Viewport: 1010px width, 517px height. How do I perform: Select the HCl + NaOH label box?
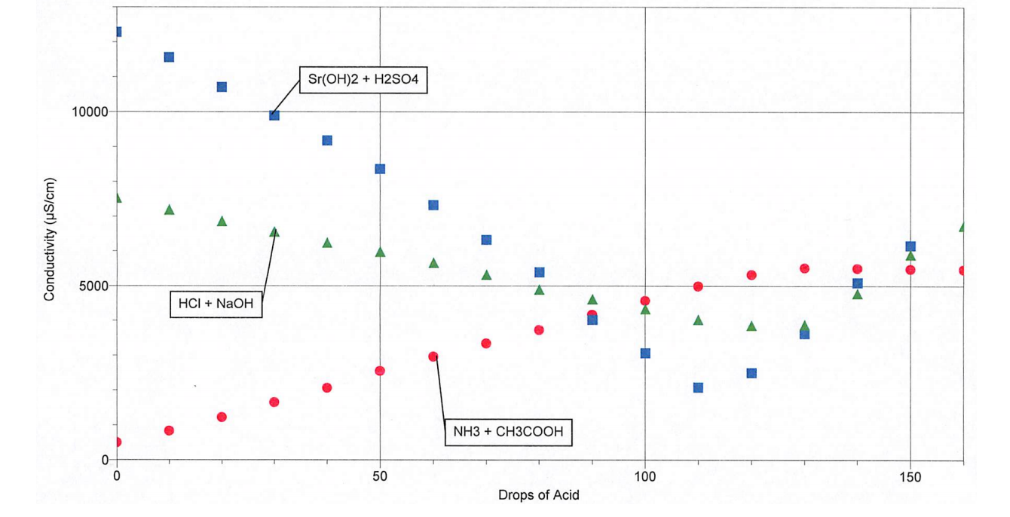(x=216, y=304)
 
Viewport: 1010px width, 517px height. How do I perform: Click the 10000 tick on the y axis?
(x=90, y=112)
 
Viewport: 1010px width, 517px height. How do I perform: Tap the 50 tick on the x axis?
(x=380, y=476)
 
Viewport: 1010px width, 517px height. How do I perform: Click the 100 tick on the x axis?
(x=645, y=476)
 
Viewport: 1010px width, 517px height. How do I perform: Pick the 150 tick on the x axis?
(x=911, y=476)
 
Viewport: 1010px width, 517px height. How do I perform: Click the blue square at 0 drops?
(x=117, y=32)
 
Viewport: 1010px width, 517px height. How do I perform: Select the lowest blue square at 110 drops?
(x=698, y=388)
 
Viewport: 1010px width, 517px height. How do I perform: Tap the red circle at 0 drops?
(x=117, y=442)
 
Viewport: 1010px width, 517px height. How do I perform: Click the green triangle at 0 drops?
(x=117, y=198)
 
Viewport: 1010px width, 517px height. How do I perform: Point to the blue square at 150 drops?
(x=911, y=246)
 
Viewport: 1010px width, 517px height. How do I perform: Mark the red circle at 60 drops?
(x=433, y=356)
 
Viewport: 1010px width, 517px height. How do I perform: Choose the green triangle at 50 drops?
(x=381, y=252)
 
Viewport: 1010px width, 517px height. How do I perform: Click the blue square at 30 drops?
(x=274, y=115)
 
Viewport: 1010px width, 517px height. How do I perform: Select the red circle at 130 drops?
(x=804, y=268)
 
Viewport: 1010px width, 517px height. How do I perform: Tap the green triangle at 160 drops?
(x=963, y=227)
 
